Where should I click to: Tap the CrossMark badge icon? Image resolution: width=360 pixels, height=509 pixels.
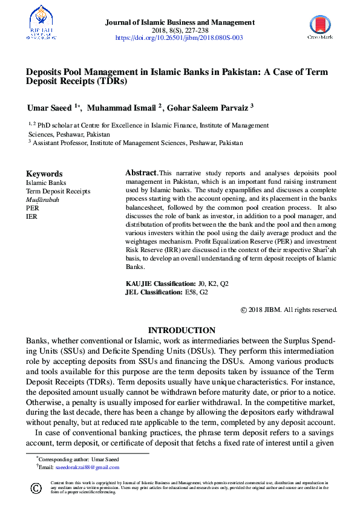(x=320, y=27)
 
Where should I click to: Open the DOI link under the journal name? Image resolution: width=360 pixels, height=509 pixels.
(x=179, y=37)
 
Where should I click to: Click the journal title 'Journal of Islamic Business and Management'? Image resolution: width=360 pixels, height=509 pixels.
(x=180, y=22)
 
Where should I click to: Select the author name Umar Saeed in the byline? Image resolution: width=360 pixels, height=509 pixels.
(x=49, y=108)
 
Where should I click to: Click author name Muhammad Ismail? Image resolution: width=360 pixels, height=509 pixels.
(x=121, y=108)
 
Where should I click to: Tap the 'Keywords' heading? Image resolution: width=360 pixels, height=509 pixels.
(x=44, y=173)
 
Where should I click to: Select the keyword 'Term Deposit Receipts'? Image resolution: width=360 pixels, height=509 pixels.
(x=58, y=191)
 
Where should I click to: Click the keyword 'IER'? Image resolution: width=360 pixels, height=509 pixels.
(x=31, y=216)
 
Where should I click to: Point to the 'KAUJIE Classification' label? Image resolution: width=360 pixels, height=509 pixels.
(x=160, y=284)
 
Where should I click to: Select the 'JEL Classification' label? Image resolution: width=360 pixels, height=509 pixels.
(x=154, y=292)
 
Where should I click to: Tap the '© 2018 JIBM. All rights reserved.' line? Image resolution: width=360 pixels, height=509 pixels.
(x=289, y=310)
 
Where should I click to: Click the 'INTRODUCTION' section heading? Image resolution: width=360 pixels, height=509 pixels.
(x=182, y=330)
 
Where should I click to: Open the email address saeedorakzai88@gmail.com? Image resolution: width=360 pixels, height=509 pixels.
(x=88, y=467)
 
